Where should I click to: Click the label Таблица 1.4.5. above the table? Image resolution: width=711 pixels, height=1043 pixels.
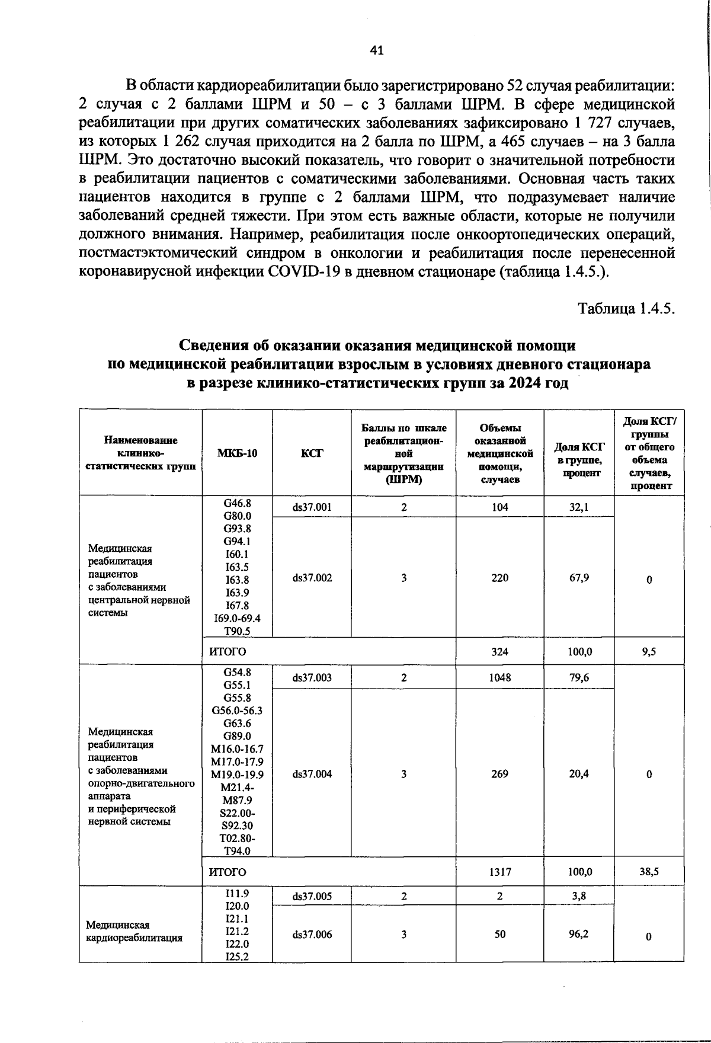(x=627, y=309)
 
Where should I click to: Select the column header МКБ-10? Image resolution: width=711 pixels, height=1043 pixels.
(x=237, y=453)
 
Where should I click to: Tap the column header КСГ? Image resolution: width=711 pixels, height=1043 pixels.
(x=312, y=453)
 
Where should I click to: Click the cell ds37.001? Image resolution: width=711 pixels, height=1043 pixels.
(x=312, y=507)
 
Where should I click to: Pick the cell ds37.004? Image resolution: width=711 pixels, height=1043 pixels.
(x=312, y=774)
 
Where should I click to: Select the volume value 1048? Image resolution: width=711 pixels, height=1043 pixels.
(x=499, y=677)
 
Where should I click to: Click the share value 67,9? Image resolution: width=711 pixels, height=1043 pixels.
(x=579, y=578)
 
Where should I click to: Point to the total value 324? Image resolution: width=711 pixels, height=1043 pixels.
(x=499, y=651)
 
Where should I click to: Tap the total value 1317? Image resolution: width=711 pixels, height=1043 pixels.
(x=499, y=872)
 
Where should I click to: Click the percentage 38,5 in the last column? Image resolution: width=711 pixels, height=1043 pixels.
(x=649, y=872)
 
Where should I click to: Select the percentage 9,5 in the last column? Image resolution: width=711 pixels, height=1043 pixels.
(x=649, y=651)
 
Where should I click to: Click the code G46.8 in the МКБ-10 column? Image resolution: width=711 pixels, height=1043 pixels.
(x=237, y=503)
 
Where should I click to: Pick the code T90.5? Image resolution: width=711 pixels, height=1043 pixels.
(x=237, y=631)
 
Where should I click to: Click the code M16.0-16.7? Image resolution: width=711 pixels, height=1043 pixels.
(x=237, y=749)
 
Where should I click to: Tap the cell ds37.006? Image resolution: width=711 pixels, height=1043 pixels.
(x=312, y=935)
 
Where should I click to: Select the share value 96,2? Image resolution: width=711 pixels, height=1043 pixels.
(x=579, y=934)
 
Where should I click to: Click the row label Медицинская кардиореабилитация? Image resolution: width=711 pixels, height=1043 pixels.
(x=134, y=931)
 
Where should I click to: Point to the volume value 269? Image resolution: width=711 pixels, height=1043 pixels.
(x=499, y=774)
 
